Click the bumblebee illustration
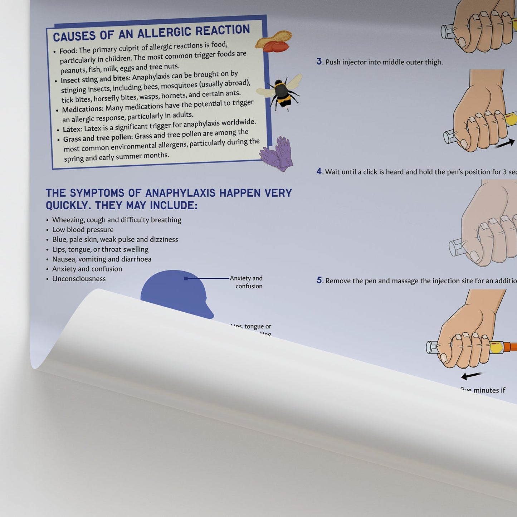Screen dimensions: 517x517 281,93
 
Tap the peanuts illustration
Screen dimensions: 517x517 274,42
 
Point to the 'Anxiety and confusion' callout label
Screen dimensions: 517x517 247,282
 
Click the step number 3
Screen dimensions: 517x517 319,62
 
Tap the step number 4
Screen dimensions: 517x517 319,171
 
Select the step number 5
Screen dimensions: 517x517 319,280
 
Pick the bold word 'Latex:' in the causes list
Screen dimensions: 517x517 72,129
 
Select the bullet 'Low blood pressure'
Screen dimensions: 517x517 83,230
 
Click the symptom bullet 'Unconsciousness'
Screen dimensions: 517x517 79,279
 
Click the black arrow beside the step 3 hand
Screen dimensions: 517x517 504,144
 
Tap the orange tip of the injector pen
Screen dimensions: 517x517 509,346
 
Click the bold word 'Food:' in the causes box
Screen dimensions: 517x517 68,51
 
